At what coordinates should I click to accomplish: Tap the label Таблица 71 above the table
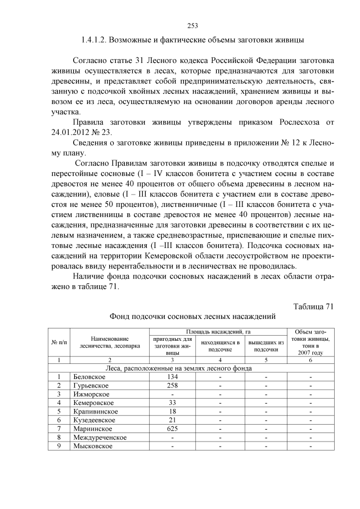pyautogui.click(x=314, y=306)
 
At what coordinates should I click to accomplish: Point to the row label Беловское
pyautogui.click(x=90, y=376)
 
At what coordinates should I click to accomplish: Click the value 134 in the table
pyautogui.click(x=173, y=376)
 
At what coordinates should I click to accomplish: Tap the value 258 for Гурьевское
pyautogui.click(x=173, y=385)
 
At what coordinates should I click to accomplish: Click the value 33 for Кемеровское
pyautogui.click(x=173, y=403)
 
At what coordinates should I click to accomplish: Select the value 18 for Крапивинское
pyautogui.click(x=173, y=411)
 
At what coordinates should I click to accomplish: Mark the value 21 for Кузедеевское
pyautogui.click(x=173, y=420)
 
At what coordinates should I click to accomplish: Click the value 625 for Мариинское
pyautogui.click(x=173, y=429)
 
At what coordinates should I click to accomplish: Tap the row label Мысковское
pyautogui.click(x=93, y=446)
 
